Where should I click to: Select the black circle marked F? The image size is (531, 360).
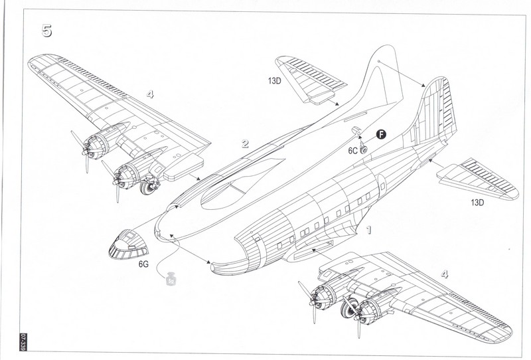tap(381, 135)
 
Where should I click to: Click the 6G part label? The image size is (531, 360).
tap(144, 264)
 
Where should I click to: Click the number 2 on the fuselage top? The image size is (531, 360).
tap(245, 143)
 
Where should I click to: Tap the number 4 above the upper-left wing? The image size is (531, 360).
tap(150, 94)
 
